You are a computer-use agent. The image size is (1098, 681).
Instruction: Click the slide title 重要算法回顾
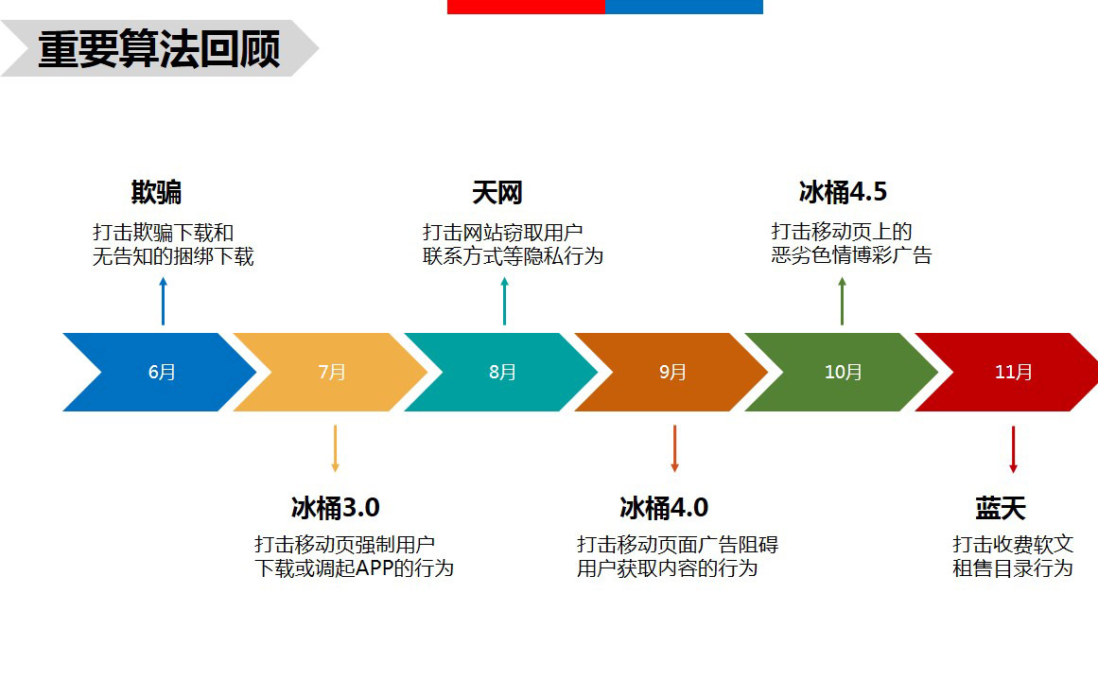coord(160,49)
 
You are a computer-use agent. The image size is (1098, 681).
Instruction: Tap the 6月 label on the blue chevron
coord(162,372)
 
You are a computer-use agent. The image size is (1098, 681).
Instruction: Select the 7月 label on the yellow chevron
coord(332,372)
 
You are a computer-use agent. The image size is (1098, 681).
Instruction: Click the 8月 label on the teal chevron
coord(503,372)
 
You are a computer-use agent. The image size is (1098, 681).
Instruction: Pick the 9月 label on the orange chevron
coord(673,372)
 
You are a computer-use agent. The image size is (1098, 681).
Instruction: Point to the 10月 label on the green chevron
coord(843,372)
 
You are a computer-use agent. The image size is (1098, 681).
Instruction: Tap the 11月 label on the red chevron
coord(1013,372)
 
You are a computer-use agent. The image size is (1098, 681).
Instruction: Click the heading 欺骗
coord(156,192)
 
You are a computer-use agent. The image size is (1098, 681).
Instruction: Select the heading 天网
coord(497,193)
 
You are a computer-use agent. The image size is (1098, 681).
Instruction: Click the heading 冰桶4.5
coord(843,192)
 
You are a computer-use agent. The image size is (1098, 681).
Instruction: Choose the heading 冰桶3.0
coord(336,508)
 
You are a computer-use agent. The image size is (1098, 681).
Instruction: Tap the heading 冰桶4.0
coord(664,508)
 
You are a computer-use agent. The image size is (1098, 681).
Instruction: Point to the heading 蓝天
coord(1001,509)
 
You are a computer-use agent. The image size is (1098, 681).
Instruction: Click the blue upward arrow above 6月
coord(164,302)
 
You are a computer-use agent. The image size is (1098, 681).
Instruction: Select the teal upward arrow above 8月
coord(504,302)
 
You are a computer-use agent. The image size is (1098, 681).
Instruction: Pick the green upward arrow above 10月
coord(842,302)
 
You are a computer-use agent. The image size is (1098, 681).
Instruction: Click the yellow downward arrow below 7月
coord(336,448)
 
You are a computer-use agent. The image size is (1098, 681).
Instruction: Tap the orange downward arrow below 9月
coord(675,448)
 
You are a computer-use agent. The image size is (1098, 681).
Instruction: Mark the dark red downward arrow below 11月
coord(1013,450)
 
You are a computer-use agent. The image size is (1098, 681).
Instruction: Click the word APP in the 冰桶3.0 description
coord(374,568)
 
